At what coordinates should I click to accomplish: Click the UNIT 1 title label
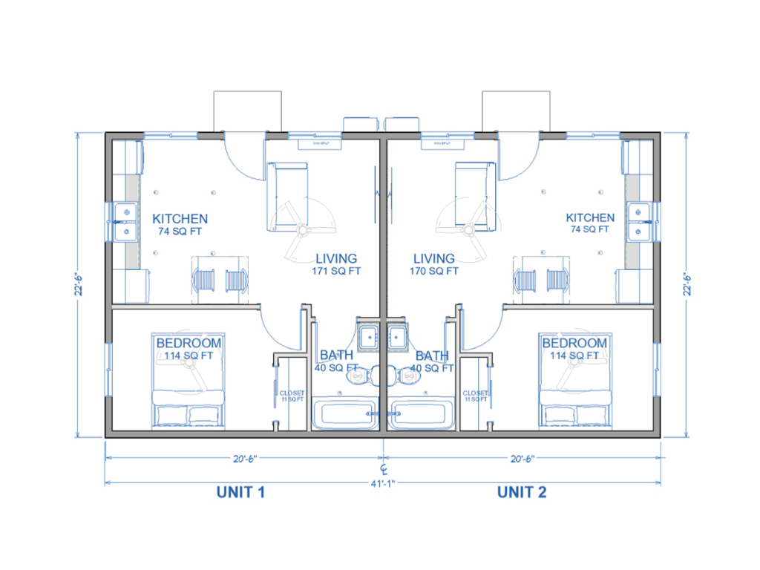240,492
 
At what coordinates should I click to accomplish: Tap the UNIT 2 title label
522,492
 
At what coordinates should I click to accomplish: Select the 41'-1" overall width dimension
383,483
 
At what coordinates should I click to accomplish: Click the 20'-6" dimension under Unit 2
522,458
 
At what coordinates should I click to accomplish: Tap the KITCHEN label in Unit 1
180,219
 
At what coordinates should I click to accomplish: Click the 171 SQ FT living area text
336,271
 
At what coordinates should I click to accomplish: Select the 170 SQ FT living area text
434,271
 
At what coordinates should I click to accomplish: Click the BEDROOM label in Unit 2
574,344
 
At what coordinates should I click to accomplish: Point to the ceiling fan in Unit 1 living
302,232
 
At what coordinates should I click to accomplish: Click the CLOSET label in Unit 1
292,393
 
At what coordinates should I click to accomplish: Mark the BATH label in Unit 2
432,356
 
